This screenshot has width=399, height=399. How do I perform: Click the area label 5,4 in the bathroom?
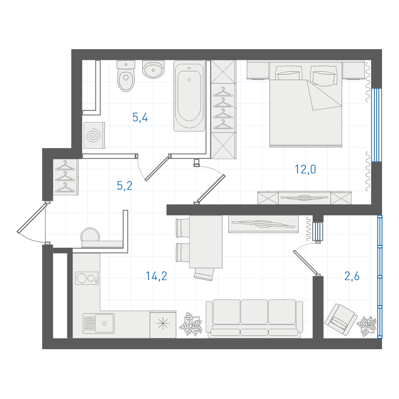coord(140,117)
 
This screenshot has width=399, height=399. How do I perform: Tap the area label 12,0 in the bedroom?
coord(305,170)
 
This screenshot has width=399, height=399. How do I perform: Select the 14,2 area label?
coord(156,276)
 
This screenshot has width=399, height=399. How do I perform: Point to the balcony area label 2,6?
coord(352,276)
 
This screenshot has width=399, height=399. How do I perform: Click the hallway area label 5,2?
coord(125,186)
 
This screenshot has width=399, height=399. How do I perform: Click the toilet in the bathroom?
coord(126,76)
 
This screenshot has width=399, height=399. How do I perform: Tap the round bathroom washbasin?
coord(153,69)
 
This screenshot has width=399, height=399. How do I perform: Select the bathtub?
coord(189,96)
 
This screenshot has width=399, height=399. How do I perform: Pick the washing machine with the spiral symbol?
coord(94,135)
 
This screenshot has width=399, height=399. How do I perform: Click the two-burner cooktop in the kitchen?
coord(87,278)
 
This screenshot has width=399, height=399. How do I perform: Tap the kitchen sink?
coord(99,323)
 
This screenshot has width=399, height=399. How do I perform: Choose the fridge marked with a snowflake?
coord(163,324)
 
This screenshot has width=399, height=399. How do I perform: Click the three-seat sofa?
coord(254,318)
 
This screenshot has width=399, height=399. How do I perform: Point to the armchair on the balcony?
coord(341,320)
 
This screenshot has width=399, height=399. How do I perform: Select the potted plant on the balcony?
coord(366,326)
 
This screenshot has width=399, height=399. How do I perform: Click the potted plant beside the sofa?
coord(191,324)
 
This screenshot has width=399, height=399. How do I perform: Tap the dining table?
coord(206,242)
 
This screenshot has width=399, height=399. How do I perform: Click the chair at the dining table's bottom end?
coord(204,274)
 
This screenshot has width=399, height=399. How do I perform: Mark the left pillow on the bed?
coord(288,73)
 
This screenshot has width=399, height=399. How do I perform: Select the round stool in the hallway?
coord(90,235)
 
